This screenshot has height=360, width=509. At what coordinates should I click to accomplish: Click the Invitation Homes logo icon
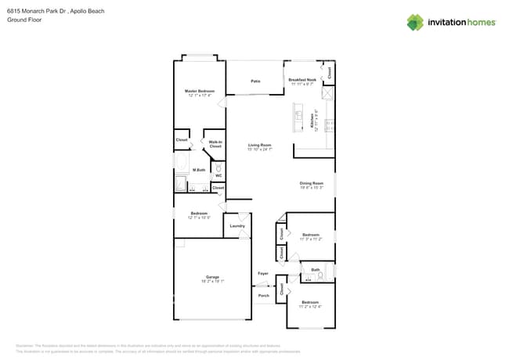415,22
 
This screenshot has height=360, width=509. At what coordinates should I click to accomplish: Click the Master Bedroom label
200,91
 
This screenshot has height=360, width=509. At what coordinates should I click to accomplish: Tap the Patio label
255,81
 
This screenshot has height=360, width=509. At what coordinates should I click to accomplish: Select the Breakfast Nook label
302,80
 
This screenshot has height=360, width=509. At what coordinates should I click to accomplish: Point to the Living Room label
260,145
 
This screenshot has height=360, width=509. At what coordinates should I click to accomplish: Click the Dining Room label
311,183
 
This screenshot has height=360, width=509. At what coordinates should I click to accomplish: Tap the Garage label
212,276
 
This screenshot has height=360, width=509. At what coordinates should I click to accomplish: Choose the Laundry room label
237,226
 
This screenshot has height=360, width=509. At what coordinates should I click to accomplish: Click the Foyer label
263,273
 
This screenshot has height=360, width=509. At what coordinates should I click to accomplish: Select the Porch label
264,296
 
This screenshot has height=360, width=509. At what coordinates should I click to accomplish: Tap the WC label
218,175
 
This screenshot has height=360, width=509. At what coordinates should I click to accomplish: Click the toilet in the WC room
218,167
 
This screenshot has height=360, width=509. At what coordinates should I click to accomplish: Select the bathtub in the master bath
182,164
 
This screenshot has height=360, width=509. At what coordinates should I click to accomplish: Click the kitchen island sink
299,115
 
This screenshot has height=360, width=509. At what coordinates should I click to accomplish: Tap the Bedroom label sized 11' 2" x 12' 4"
311,302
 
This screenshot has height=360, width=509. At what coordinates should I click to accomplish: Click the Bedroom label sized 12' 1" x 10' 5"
199,214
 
